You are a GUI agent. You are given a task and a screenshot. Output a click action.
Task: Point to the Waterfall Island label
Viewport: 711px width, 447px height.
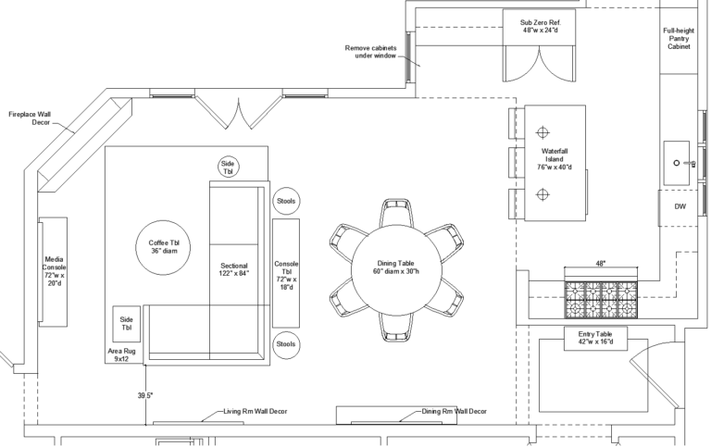[x=557, y=158]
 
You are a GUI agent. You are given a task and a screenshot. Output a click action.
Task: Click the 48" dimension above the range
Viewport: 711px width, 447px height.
[x=601, y=264]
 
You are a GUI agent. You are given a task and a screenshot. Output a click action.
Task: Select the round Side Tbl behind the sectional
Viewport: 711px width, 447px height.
[x=229, y=167]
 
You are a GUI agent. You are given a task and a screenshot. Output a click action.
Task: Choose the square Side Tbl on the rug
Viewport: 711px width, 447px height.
[x=127, y=324]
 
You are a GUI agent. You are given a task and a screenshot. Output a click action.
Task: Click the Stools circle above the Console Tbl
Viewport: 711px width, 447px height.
[x=286, y=200]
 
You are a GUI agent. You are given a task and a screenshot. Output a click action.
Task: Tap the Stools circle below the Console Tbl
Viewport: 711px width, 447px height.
[x=286, y=344]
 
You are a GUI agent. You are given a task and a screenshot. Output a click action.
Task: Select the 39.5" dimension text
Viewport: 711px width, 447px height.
[x=145, y=395]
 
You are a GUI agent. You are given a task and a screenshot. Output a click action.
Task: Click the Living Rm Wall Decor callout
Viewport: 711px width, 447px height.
[x=256, y=411]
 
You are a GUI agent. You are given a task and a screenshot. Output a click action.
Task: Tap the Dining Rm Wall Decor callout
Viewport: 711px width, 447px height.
[x=454, y=411]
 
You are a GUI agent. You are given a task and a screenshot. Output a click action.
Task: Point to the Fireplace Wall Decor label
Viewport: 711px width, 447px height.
[x=30, y=117]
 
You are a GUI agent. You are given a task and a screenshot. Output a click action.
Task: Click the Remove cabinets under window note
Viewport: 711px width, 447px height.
[x=370, y=51]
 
